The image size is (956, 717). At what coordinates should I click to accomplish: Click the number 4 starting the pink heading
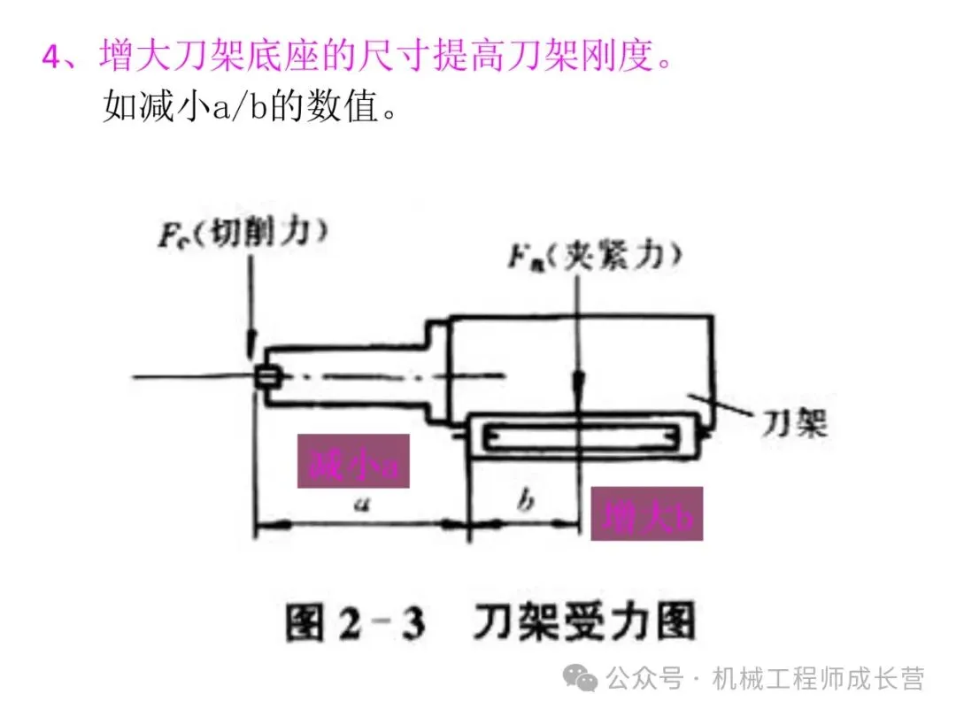coord(52,58)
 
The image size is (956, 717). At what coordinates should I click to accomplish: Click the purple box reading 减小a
coord(353,461)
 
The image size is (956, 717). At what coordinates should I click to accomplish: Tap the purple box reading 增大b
coord(646,513)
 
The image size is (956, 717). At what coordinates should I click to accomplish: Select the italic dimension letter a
coord(360,505)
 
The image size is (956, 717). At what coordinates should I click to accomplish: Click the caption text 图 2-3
coord(354,623)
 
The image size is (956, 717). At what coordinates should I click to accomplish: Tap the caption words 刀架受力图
coord(584,623)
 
